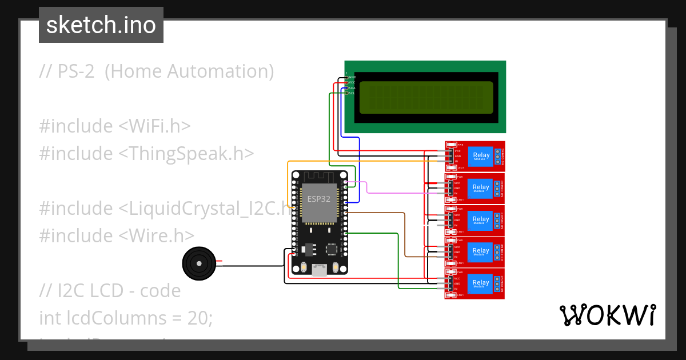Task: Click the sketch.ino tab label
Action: tap(101, 25)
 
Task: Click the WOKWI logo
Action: tap(607, 315)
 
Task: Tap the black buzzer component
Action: tap(198, 263)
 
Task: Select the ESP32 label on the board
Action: tap(319, 199)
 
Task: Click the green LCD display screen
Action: tap(426, 97)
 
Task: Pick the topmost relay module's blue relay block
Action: tap(481, 155)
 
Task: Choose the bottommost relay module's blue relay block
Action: tap(481, 282)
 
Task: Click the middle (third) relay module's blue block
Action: tap(481, 219)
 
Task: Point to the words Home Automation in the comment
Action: tap(189, 71)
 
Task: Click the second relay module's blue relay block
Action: tap(481, 187)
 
